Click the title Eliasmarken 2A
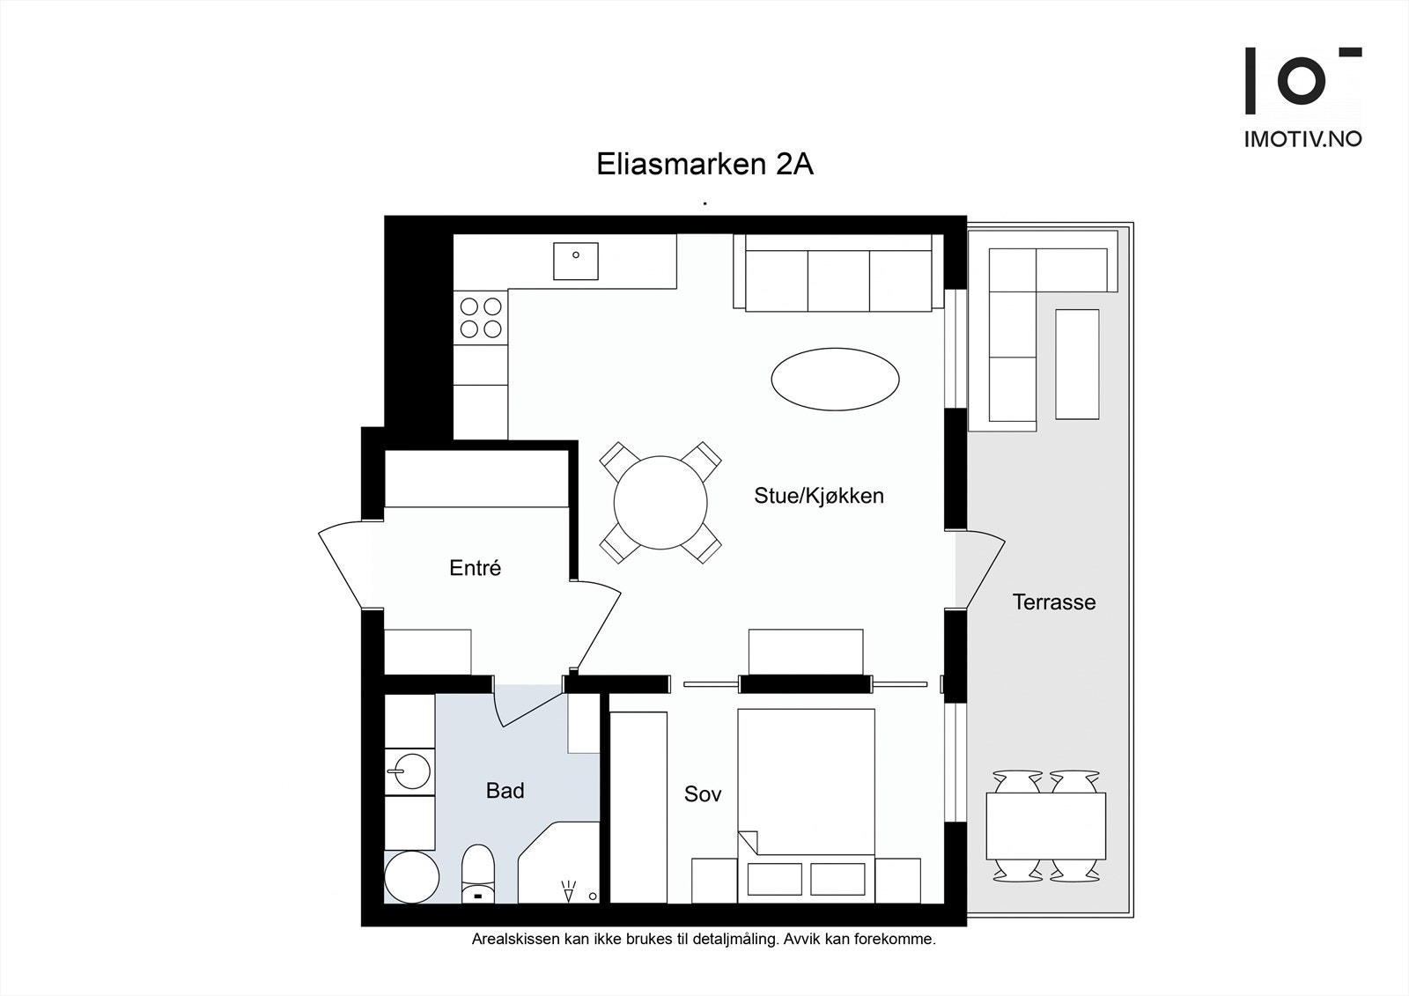704,165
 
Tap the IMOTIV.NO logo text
1302,139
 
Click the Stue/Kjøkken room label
818,496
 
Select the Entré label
475,568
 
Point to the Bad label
505,791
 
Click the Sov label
703,794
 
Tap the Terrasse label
1053,602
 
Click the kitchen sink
576,261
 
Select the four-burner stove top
481,318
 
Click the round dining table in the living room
660,503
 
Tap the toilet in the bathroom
478,874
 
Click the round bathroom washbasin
409,772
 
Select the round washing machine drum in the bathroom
411,877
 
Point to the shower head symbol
568,891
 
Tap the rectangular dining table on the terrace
1045,826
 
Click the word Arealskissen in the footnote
513,940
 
